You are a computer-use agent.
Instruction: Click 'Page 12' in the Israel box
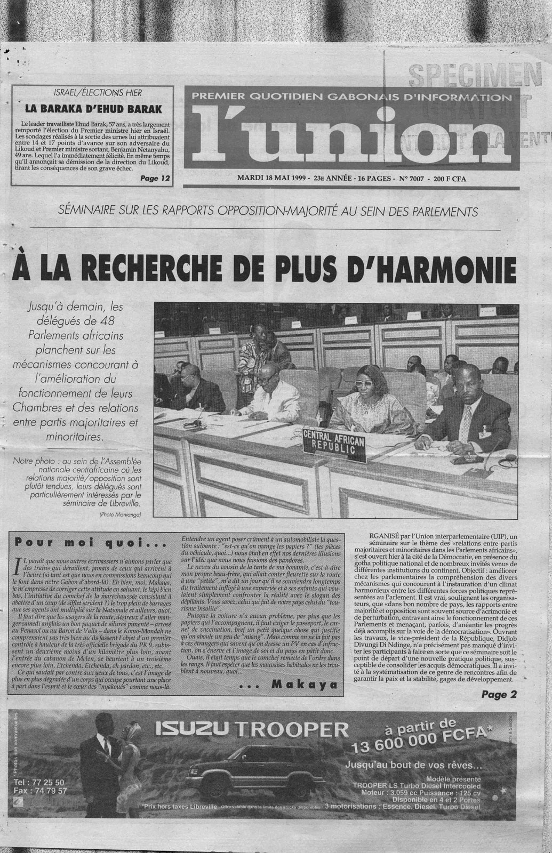pos(154,179)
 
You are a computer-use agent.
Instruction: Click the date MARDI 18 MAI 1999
pos(271,179)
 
